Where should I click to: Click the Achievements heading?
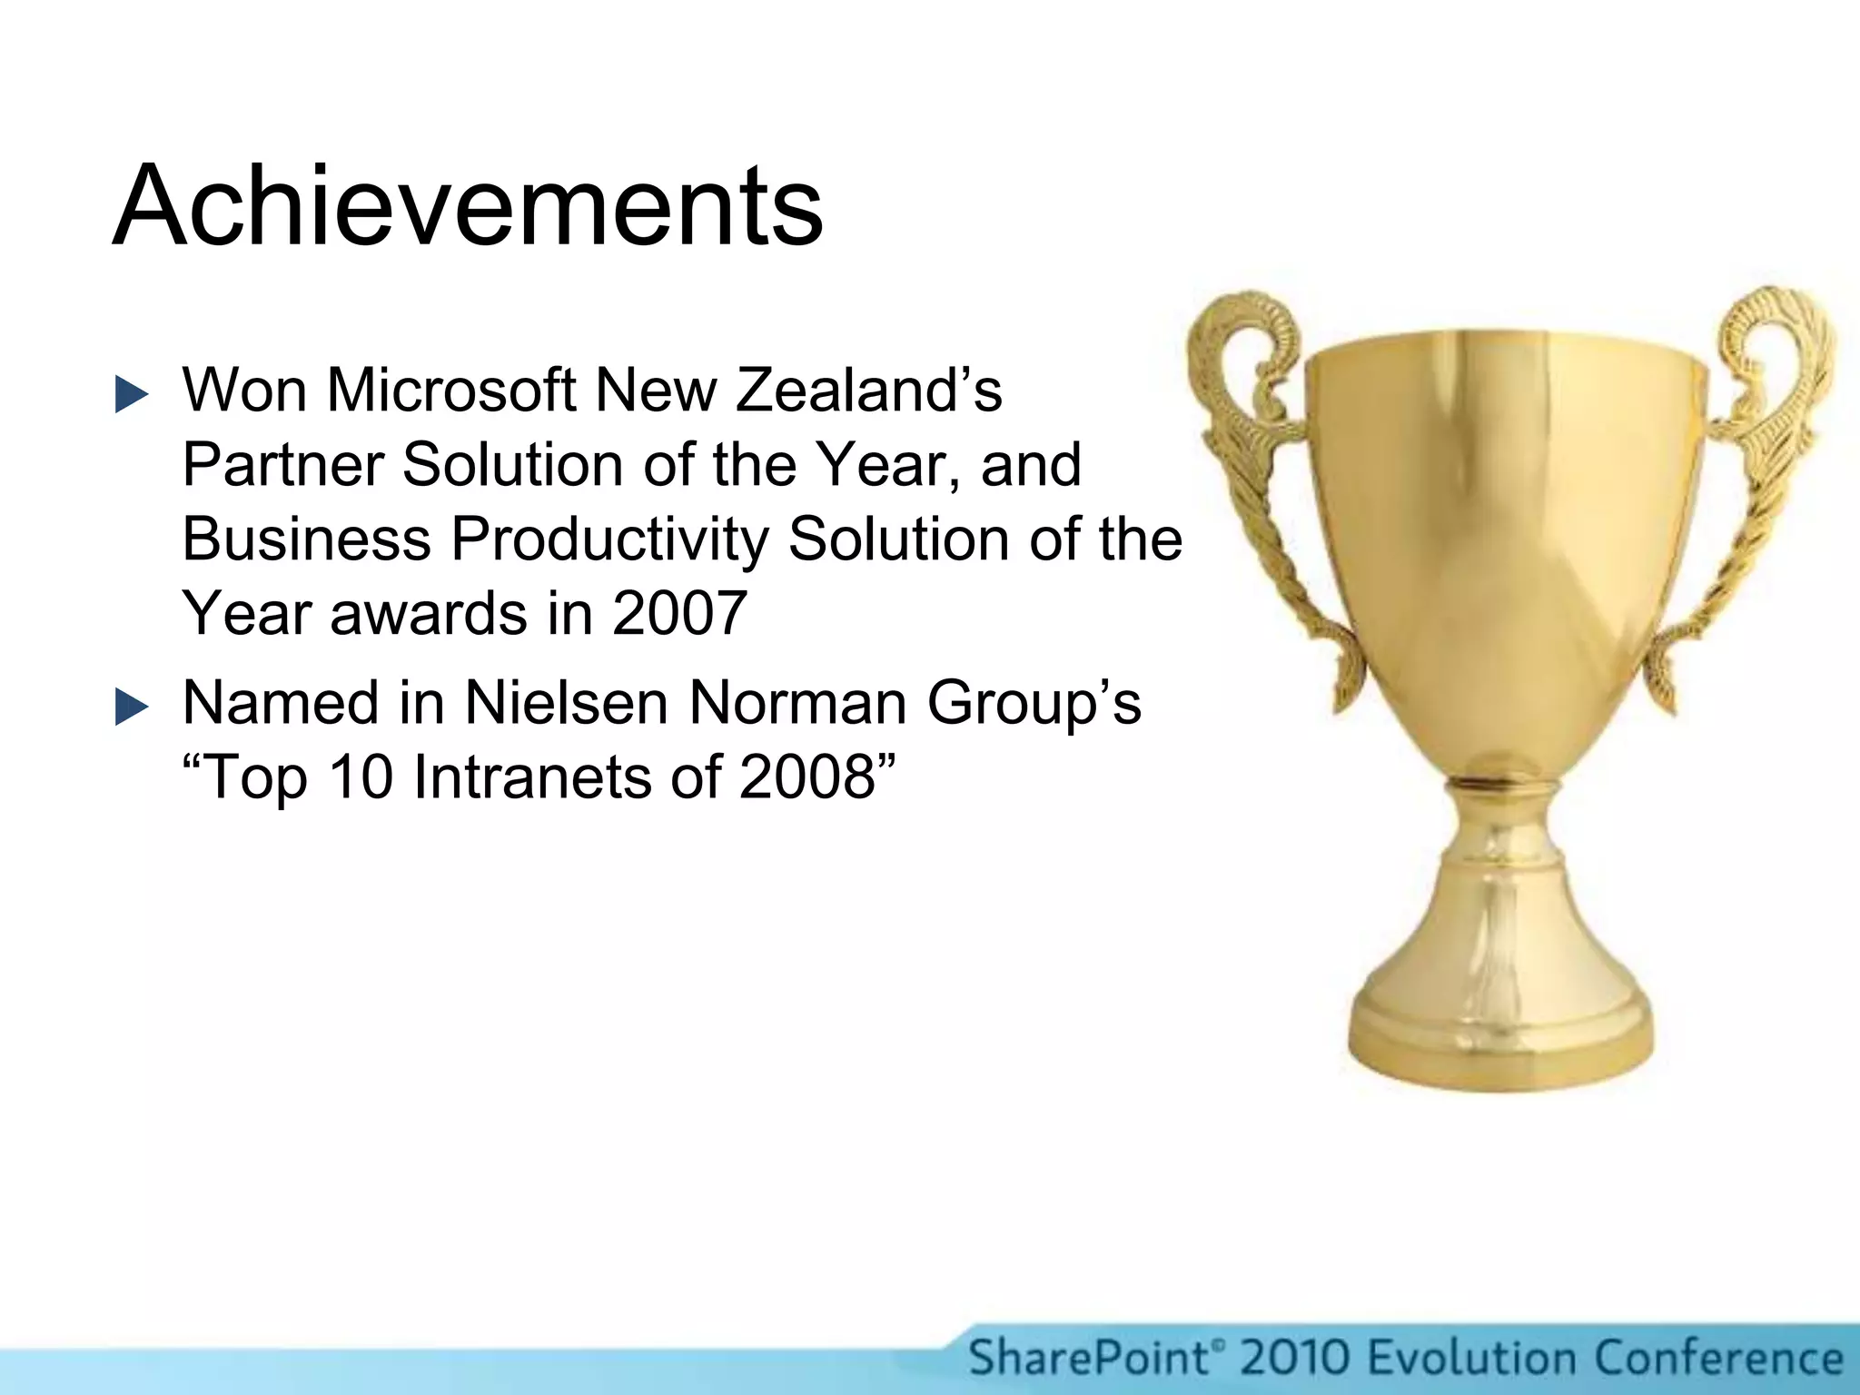click(468, 206)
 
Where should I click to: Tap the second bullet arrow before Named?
click(132, 707)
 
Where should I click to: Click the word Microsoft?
click(451, 391)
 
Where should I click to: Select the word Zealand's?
click(868, 391)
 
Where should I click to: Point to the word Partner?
click(284, 465)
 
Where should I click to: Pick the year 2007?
click(679, 614)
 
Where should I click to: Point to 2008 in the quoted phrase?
click(807, 778)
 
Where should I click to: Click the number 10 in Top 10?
click(360, 778)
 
